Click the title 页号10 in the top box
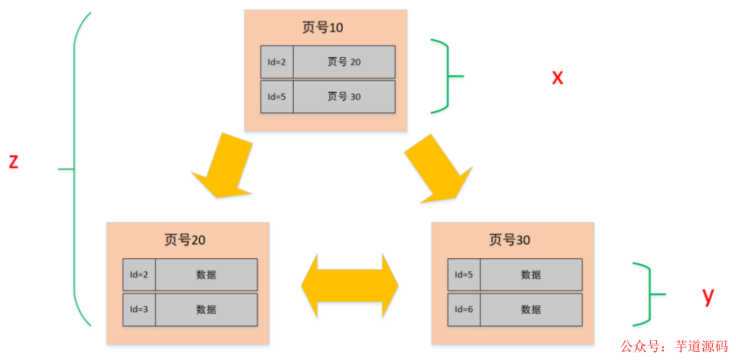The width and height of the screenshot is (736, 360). pyautogui.click(x=322, y=28)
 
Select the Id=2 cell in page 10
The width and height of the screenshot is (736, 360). pyautogui.click(x=277, y=62)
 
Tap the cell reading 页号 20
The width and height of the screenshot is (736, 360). pyautogui.click(x=344, y=62)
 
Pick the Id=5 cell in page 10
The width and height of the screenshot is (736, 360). pyautogui.click(x=277, y=97)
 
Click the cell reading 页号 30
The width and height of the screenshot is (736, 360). pyautogui.click(x=344, y=97)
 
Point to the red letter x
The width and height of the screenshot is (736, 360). pyautogui.click(x=557, y=77)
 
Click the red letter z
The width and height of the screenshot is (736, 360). pyautogui.click(x=13, y=162)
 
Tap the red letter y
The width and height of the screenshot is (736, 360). pyautogui.click(x=708, y=295)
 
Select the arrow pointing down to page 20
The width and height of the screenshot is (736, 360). pyautogui.click(x=221, y=168)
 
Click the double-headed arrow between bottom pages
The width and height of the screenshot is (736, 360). pyautogui.click(x=350, y=286)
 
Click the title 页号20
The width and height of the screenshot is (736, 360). pyautogui.click(x=185, y=240)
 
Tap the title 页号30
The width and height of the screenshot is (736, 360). pyautogui.click(x=510, y=240)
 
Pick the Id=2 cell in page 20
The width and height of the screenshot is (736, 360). pyautogui.click(x=139, y=275)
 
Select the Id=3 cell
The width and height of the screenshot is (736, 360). pyautogui.click(x=139, y=310)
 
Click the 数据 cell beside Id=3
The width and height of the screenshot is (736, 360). pyautogui.click(x=206, y=310)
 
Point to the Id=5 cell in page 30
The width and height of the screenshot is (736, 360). pyautogui.click(x=463, y=275)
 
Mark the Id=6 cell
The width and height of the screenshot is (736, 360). pyautogui.click(x=463, y=310)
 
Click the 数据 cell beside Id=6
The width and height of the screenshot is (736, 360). pyautogui.click(x=531, y=310)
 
